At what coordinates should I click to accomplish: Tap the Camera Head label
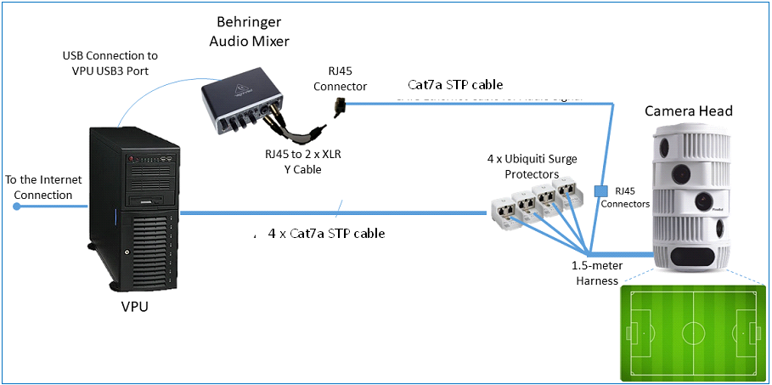click(x=688, y=111)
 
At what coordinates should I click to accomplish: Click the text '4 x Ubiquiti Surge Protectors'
click(x=523, y=167)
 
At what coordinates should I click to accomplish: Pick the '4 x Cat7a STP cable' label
click(x=325, y=233)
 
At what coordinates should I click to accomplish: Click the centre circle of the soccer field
click(x=695, y=331)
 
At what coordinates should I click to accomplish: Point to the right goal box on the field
click(x=752, y=331)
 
